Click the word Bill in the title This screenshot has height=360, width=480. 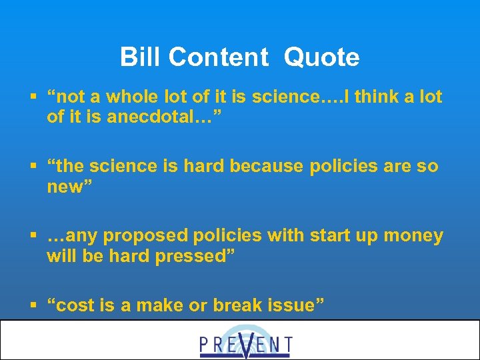click(x=141, y=57)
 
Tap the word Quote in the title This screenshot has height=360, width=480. click(x=321, y=57)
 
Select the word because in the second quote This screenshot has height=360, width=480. click(x=267, y=166)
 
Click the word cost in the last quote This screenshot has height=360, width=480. click(x=75, y=306)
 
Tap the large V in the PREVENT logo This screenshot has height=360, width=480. click(x=246, y=344)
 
